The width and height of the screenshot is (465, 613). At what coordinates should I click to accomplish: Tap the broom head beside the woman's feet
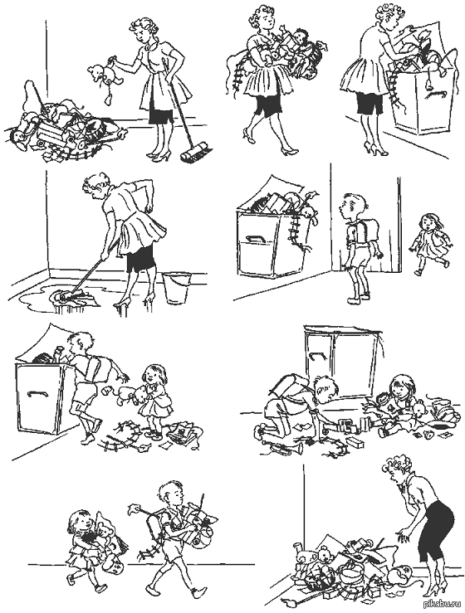tap(196, 153)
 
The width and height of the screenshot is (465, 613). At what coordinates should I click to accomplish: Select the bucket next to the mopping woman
tap(176, 287)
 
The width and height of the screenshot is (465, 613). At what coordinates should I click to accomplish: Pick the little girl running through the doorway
tap(429, 242)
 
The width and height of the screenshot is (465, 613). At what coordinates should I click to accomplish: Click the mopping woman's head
tap(95, 187)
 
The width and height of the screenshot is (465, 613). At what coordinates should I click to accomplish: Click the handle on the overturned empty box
tap(319, 357)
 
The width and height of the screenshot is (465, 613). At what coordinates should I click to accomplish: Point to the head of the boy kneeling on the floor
tap(325, 388)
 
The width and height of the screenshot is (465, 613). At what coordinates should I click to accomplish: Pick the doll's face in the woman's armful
tap(301, 38)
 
